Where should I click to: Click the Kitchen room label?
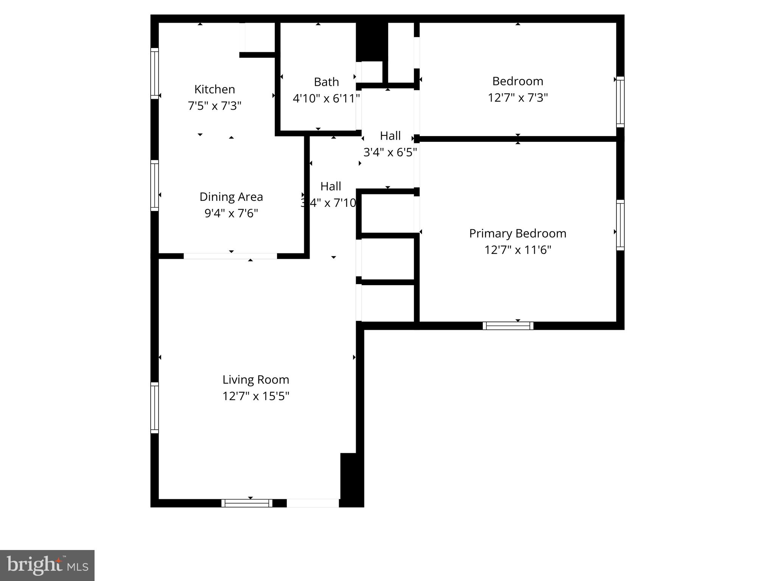[215, 89]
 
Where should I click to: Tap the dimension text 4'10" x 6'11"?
[326, 99]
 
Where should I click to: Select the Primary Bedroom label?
[517, 233]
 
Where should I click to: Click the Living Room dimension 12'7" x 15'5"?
[256, 396]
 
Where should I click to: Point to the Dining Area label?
[231, 197]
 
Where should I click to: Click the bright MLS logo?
[47, 565]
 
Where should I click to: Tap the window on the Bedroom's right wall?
[620, 102]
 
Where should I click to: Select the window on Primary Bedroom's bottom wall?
[508, 326]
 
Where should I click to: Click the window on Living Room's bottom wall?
[247, 503]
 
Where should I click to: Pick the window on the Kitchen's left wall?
[154, 73]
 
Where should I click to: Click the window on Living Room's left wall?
[154, 408]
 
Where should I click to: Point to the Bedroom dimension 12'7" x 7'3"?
[517, 98]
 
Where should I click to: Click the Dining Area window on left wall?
[154, 185]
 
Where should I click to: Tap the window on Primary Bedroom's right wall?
[620, 225]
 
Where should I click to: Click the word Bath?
[326, 82]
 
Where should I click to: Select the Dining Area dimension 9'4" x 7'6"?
[231, 213]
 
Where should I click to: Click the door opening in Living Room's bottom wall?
[313, 503]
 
